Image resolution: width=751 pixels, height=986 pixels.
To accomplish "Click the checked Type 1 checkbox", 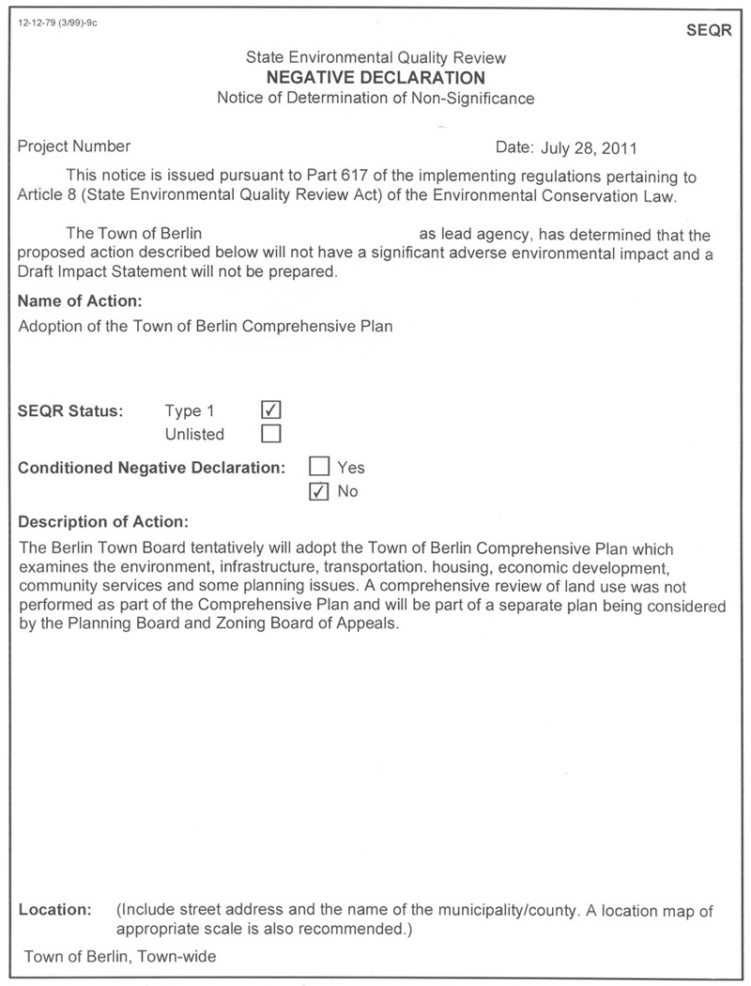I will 271,410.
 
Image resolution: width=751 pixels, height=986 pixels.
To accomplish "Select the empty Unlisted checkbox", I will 271,434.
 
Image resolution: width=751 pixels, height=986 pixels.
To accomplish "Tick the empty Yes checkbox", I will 319,467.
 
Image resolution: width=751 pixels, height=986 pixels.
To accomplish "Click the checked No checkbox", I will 319,491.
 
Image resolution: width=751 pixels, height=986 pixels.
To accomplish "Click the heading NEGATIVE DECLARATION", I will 375,78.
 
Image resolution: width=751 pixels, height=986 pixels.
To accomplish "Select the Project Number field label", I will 74,146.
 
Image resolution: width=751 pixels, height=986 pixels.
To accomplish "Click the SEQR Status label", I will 70,410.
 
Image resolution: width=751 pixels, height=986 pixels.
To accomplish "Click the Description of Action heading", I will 103,521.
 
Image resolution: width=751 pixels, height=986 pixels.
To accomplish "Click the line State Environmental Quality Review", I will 375,58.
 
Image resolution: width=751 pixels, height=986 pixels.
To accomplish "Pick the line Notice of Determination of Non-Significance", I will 375,98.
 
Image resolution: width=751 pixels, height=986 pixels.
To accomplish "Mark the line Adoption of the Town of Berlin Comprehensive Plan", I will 206,327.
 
